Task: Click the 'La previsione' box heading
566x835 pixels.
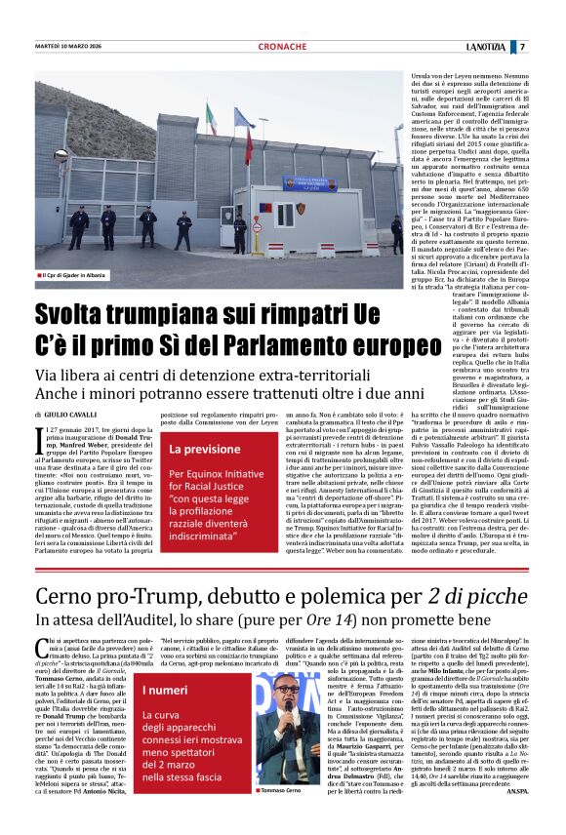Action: (x=206, y=450)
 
